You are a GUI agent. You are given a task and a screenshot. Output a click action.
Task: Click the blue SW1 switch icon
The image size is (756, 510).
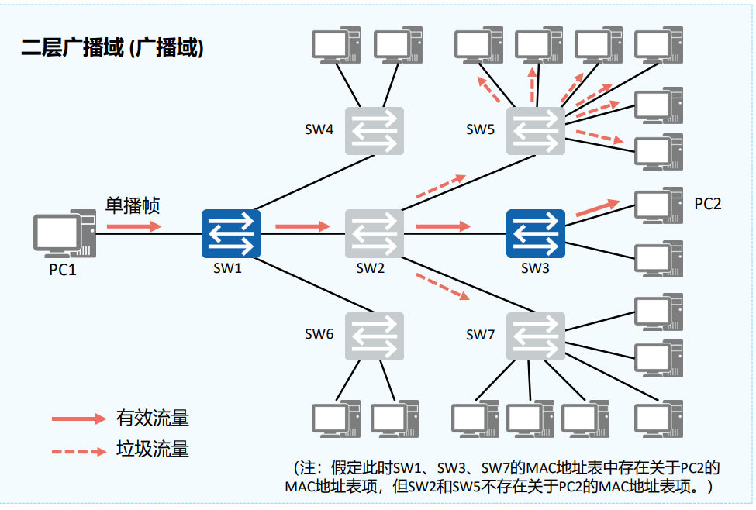231,234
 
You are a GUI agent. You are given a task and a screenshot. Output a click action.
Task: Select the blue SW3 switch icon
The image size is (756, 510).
536,234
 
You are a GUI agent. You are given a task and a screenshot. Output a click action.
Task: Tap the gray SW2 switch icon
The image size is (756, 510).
375,234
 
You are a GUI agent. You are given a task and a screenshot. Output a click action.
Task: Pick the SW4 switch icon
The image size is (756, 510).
375,131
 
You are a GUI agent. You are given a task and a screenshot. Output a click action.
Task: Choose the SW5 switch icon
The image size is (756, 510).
536,131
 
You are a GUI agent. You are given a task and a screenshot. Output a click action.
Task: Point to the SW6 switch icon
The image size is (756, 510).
375,336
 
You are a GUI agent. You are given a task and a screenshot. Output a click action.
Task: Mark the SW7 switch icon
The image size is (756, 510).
536,336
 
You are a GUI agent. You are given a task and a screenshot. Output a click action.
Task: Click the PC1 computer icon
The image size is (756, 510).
64,234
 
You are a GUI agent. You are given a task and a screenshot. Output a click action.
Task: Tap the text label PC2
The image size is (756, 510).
708,204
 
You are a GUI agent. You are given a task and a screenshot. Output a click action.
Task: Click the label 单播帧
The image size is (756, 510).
133,205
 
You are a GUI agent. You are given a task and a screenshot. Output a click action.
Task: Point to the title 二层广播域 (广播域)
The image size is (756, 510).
112,48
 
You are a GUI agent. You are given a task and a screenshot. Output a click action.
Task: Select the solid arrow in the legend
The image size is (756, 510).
79,419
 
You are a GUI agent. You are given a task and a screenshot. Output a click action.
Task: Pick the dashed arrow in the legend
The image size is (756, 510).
79,452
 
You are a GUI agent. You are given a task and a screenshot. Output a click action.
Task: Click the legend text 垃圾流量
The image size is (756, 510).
152,449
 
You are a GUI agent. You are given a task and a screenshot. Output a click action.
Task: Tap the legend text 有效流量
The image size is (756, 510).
152,418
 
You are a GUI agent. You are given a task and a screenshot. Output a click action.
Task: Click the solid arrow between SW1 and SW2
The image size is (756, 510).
302,226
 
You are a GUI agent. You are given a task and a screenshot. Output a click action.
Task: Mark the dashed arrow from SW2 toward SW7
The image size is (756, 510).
443,287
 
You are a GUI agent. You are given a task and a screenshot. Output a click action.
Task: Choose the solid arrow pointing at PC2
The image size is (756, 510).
598,208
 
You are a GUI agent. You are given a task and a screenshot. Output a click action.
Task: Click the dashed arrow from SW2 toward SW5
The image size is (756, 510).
441,187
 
